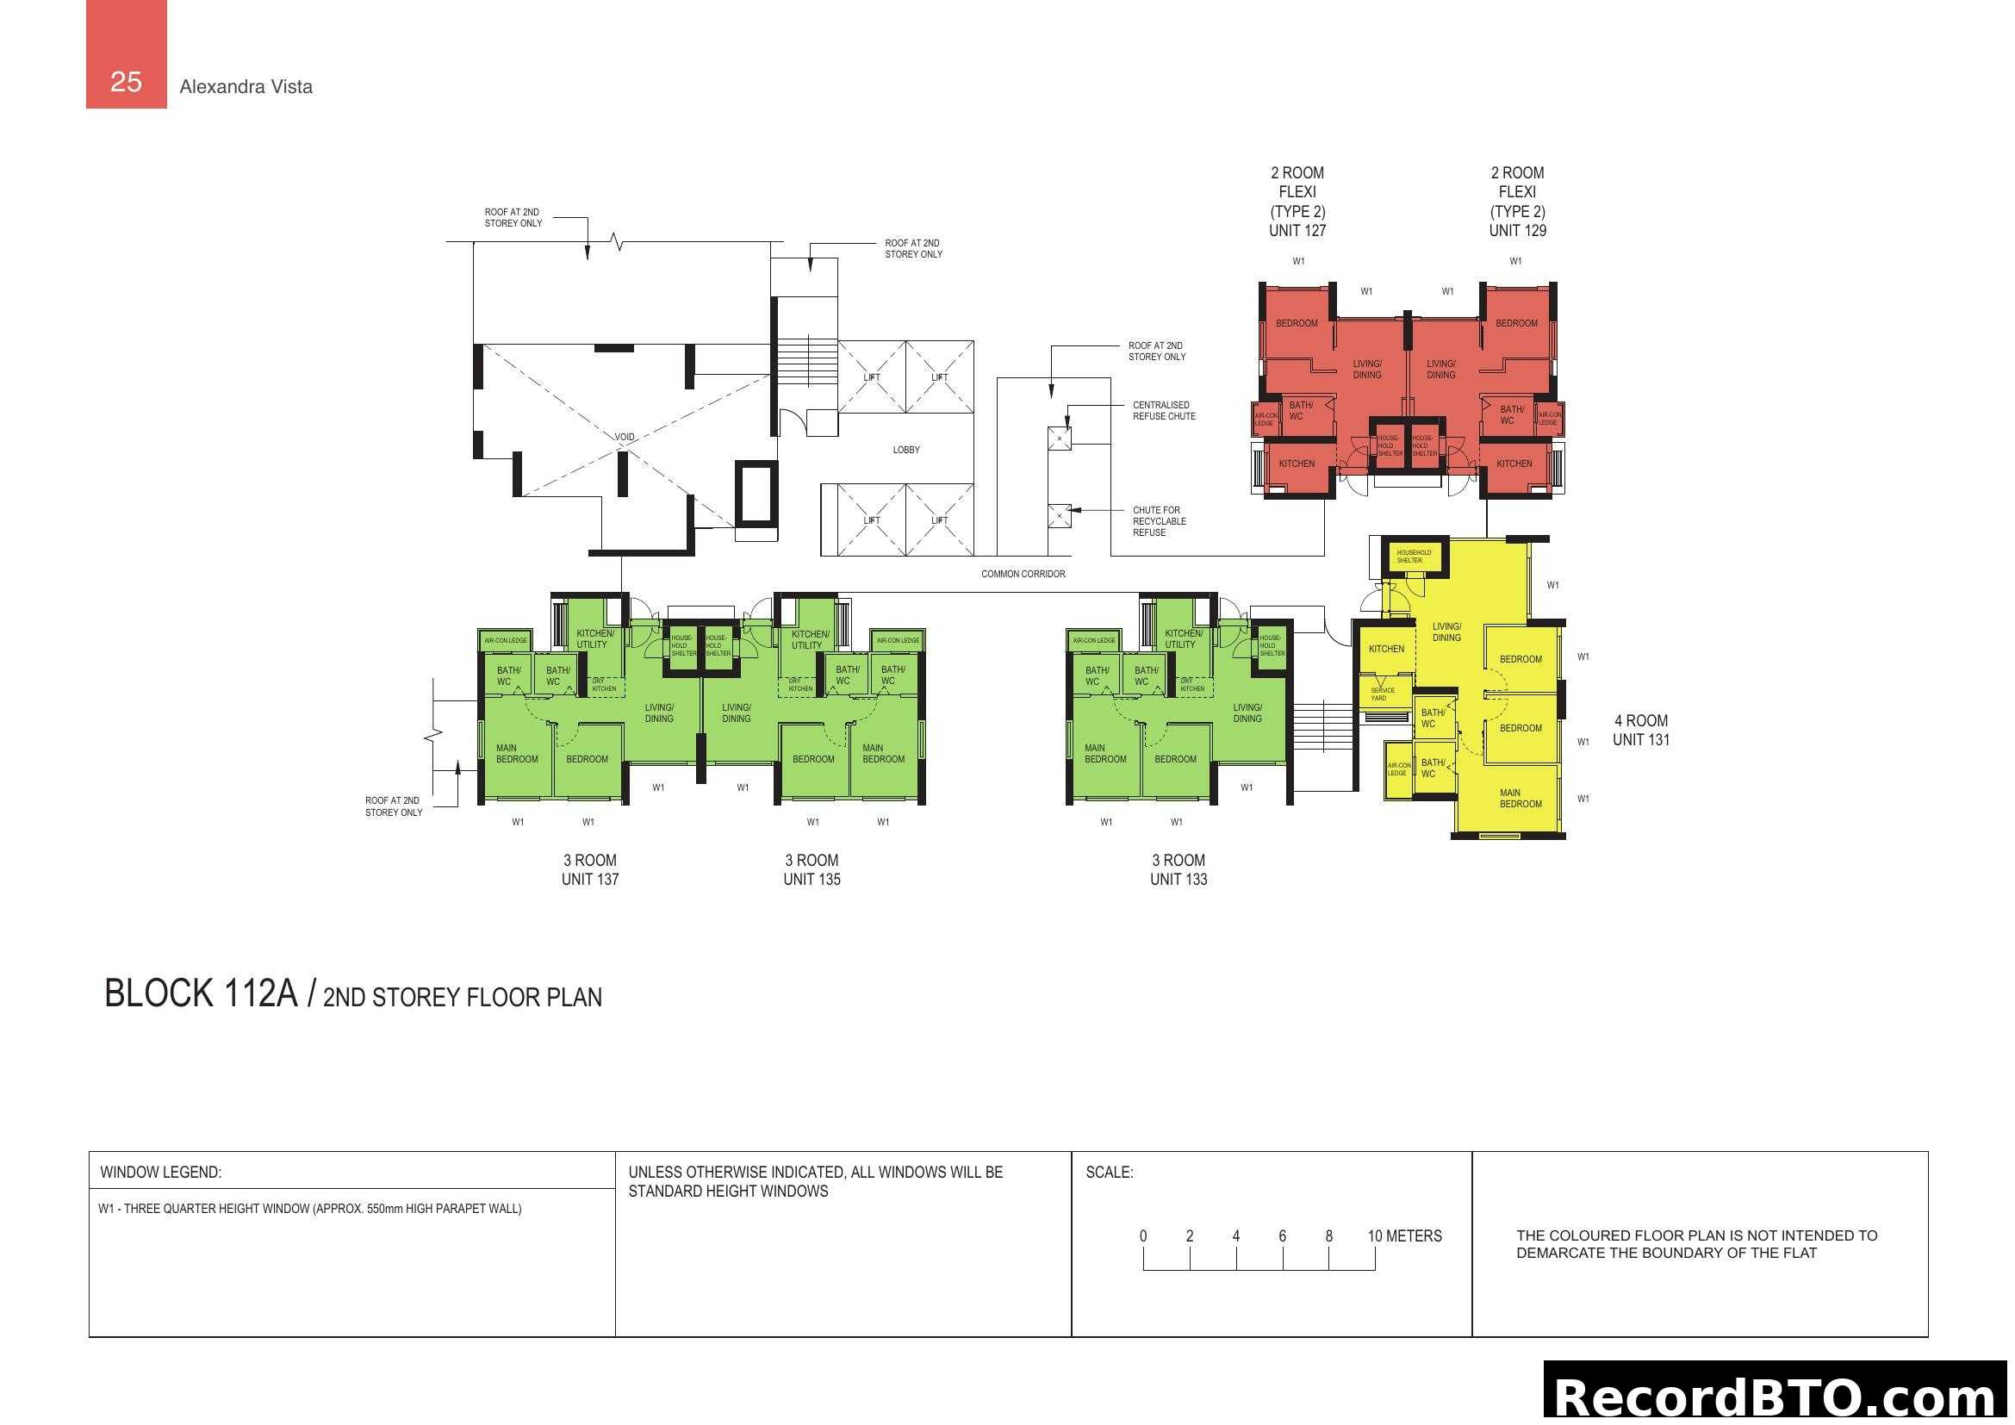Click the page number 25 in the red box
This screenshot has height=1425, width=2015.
coord(126,82)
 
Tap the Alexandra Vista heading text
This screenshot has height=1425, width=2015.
coord(246,87)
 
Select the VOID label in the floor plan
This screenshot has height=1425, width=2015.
coord(624,437)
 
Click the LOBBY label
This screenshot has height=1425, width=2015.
coord(905,450)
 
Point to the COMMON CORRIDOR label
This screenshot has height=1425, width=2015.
coord(1023,574)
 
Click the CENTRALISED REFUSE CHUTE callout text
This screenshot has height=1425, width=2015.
coord(1163,411)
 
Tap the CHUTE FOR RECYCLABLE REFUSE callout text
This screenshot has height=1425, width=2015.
coord(1159,521)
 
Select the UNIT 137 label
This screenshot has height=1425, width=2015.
coord(590,880)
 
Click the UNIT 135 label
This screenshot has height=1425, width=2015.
coord(812,880)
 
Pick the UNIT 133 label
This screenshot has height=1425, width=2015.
coord(1179,880)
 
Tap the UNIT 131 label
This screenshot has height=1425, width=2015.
coord(1640,740)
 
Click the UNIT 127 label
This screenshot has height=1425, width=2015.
coord(1297,231)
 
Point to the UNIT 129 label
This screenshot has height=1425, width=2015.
coord(1516,231)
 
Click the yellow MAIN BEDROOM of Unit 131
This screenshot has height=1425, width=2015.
coord(1519,798)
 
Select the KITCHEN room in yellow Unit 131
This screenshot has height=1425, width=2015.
coord(1386,650)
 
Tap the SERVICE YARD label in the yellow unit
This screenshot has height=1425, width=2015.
coord(1382,694)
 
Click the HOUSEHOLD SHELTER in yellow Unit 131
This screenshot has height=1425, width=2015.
coord(1413,557)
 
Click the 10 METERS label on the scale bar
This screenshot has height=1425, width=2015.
coord(1404,1235)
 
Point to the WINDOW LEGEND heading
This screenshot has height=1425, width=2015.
coord(160,1173)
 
